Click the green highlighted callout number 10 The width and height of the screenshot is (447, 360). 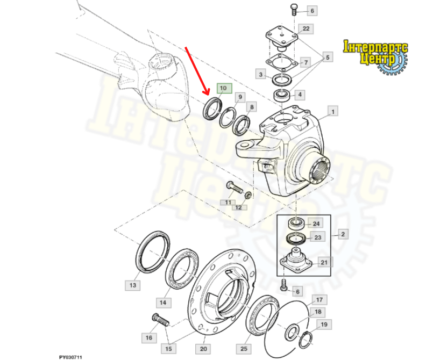[x=224, y=88]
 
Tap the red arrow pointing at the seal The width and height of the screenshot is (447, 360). [x=197, y=71]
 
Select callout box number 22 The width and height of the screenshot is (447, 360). [x=306, y=29]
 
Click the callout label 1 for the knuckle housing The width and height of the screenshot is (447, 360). [x=332, y=111]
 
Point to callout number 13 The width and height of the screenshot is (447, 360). [x=132, y=285]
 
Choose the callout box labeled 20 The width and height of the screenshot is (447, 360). [x=203, y=349]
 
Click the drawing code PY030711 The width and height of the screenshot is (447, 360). [x=70, y=357]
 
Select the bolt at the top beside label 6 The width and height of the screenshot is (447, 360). [x=294, y=10]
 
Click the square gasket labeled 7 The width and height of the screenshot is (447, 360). [x=282, y=62]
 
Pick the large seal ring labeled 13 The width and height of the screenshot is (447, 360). [x=152, y=251]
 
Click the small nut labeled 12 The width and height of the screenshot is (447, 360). [x=248, y=196]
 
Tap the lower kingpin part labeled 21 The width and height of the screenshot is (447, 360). [x=296, y=261]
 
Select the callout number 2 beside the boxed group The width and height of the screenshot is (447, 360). [x=343, y=234]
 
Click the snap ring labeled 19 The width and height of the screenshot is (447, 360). [x=306, y=339]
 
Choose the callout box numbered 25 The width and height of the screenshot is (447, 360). [x=244, y=349]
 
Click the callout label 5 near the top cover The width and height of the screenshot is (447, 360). [x=328, y=57]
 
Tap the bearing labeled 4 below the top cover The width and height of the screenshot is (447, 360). [x=282, y=95]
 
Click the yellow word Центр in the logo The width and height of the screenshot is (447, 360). [x=378, y=59]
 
